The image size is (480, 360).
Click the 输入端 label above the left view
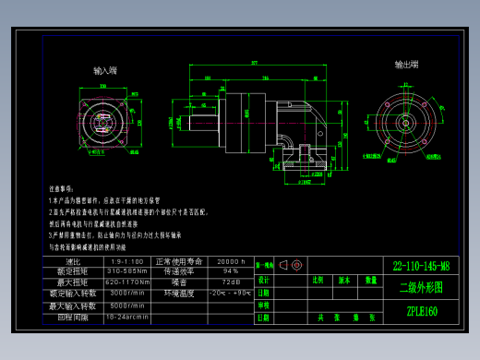point(105,70)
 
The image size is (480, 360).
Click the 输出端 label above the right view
point(407,65)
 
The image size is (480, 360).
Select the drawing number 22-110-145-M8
point(421,266)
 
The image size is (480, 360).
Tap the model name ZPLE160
point(421,311)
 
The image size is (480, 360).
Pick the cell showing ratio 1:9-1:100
point(126,262)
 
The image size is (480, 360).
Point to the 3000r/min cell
point(126,292)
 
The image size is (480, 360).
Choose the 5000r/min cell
point(126,305)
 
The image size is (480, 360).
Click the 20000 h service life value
point(230,262)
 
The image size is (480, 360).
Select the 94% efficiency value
point(230,271)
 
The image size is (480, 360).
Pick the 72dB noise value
point(230,282)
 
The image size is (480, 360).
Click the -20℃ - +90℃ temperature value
point(230,293)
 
